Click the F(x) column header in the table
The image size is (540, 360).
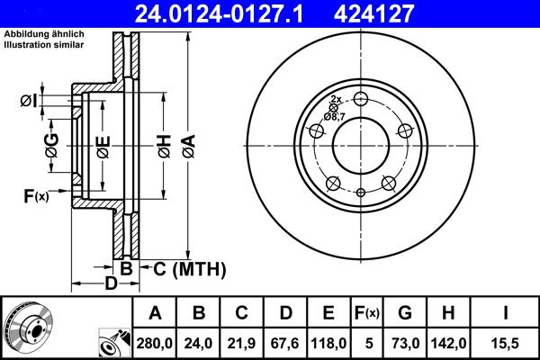[x=368, y=313]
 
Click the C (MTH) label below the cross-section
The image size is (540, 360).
[x=184, y=269]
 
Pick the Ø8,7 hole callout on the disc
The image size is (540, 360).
[x=335, y=115]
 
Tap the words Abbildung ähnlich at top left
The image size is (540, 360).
[x=44, y=33]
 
